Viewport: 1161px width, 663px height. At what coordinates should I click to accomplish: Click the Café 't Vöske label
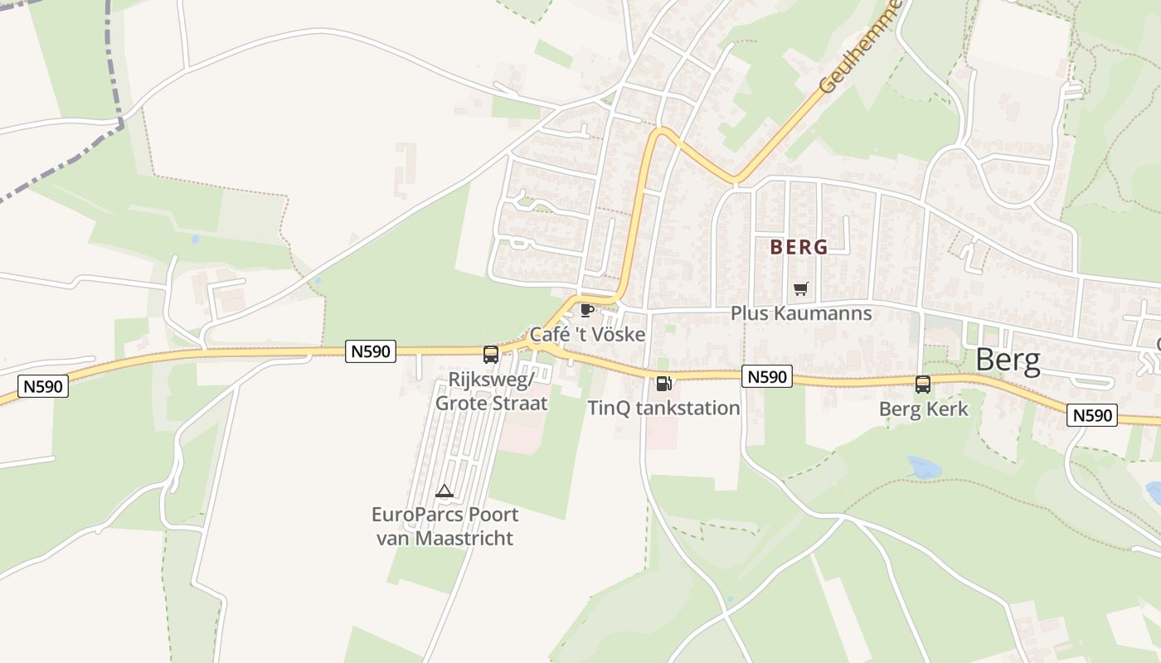587,335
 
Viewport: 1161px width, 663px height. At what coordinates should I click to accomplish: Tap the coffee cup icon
587,310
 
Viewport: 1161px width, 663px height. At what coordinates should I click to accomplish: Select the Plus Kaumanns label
801,313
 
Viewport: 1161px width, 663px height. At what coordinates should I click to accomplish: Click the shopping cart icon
800,288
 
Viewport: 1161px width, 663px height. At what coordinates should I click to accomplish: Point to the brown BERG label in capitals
799,247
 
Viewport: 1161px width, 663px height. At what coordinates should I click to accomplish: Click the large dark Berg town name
1008,360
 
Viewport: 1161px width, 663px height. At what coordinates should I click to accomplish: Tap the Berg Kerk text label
923,409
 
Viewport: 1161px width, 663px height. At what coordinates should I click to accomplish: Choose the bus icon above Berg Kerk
923,385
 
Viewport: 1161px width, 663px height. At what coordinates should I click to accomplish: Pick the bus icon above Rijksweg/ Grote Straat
491,355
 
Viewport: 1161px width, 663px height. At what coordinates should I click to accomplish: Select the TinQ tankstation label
663,408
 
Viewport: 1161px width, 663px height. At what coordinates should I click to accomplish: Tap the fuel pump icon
663,383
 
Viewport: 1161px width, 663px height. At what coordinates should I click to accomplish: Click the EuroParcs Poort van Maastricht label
444,526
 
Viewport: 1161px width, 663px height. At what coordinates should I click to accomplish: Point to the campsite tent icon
444,491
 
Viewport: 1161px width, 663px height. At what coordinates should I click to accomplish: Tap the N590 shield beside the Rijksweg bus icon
370,351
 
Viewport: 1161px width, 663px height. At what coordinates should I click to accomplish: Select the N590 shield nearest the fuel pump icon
766,377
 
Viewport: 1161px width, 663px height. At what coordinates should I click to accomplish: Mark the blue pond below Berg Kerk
921,467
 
